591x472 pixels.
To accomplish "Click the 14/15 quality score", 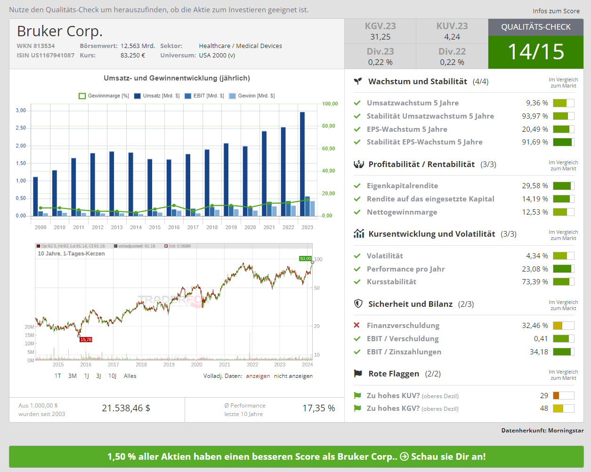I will point(535,52).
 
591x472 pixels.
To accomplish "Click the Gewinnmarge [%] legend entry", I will point(104,96).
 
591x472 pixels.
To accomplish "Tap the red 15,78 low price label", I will point(86,340).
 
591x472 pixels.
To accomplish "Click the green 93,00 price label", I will point(305,259).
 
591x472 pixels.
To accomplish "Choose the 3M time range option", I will point(72,376).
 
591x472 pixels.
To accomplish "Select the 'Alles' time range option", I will point(130,376).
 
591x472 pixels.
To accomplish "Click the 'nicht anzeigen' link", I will point(293,376).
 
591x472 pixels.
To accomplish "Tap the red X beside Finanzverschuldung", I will point(357,325).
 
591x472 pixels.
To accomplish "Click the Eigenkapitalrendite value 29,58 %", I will point(534,186).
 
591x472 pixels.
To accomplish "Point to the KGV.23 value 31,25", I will point(380,37).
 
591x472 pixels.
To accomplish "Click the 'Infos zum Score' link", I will point(556,11).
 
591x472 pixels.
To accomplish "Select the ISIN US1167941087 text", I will point(46,55).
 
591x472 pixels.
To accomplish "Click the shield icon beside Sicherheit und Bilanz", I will point(358,304).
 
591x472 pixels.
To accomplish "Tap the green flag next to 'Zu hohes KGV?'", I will point(357,408).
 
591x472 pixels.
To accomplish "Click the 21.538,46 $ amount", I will point(126,408).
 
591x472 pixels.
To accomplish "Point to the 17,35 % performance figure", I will point(318,408).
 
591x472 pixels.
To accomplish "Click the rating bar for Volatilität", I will point(563,256).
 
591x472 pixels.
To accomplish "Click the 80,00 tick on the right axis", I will point(328,126).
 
